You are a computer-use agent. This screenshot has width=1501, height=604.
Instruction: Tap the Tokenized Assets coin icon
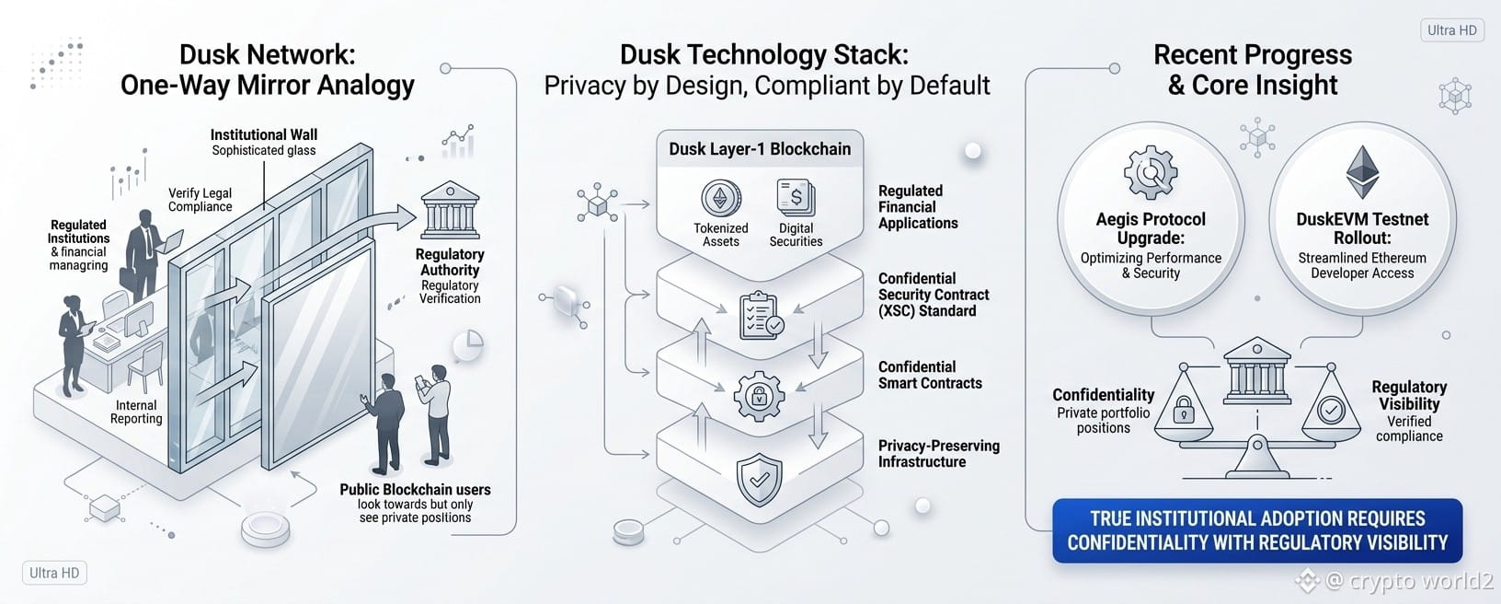point(720,198)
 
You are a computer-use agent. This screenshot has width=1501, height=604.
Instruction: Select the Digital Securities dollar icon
point(796,198)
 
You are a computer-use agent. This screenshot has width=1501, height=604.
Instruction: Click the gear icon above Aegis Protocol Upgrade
point(1151,172)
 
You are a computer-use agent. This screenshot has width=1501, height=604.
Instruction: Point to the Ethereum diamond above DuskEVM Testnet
point(1362,172)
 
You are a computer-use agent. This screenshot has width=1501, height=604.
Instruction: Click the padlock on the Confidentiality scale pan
point(1184,409)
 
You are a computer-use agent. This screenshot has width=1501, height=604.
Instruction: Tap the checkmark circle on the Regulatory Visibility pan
point(1331,410)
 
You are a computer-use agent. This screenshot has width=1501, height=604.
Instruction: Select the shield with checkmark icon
point(759,479)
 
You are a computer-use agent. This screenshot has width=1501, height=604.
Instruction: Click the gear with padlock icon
point(759,396)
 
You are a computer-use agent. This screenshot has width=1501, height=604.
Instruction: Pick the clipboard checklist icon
point(761,315)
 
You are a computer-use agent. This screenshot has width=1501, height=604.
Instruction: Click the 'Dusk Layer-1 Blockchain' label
point(760,149)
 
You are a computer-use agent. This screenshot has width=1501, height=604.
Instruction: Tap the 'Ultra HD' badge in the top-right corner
point(1452,30)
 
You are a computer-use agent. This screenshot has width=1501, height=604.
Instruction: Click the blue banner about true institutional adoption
point(1257,530)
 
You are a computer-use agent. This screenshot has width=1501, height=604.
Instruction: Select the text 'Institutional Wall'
point(264,135)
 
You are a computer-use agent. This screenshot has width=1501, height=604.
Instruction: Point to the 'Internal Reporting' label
point(136,412)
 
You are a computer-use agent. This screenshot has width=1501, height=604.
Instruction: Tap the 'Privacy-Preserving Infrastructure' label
point(939,454)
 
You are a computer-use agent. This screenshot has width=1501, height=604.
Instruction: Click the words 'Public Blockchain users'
point(415,489)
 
